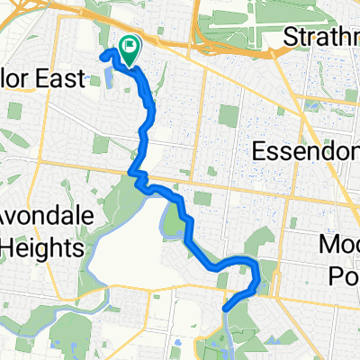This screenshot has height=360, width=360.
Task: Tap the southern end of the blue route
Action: point(225,309)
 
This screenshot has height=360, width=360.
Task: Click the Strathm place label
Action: point(320,37)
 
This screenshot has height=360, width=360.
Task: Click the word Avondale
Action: point(41,220)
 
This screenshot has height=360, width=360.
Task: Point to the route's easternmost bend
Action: point(260,281)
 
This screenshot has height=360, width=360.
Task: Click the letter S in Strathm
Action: point(289,37)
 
